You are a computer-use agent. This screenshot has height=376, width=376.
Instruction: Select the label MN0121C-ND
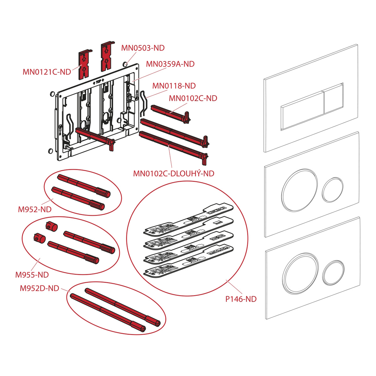click(47, 72)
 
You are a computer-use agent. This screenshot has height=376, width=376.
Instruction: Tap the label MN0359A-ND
click(170, 64)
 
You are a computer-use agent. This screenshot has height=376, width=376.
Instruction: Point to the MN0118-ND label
click(174, 86)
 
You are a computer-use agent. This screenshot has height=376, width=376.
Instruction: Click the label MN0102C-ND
click(193, 98)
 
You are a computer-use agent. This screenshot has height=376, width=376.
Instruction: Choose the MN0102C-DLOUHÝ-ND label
click(174, 173)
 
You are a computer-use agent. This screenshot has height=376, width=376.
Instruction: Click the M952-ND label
click(34, 209)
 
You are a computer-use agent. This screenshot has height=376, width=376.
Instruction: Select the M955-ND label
click(32, 275)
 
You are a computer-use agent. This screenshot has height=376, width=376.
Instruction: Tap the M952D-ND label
click(39, 288)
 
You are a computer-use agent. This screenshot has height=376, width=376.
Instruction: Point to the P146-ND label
click(241, 299)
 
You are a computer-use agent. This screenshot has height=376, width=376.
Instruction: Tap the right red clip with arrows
click(107, 57)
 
